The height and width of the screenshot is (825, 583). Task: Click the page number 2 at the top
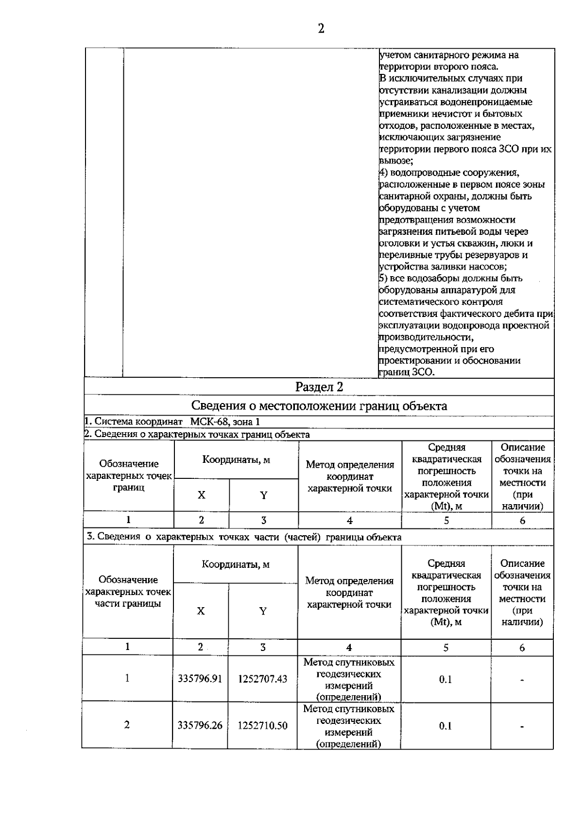[x=321, y=29]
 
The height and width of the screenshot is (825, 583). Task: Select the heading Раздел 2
[x=319, y=387]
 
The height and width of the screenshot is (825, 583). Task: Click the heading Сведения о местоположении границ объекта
[x=319, y=406]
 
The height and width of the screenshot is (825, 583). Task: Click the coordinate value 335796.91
[x=200, y=679]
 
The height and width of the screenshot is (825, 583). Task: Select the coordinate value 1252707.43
[x=262, y=679]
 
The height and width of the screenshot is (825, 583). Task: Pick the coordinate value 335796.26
[x=200, y=725]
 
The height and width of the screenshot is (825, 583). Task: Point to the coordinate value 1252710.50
[x=262, y=725]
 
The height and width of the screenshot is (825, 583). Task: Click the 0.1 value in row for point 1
[x=446, y=679]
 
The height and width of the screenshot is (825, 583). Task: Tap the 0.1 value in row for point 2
[x=446, y=726]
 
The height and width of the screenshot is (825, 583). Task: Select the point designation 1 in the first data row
[x=127, y=678]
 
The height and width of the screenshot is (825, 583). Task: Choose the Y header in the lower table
[x=263, y=611]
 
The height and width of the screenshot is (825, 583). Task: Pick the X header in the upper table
[x=201, y=495]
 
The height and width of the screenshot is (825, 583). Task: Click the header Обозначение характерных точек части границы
[x=128, y=592]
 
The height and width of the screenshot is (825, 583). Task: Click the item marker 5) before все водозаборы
[x=383, y=279]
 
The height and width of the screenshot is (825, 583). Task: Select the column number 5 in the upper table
[x=446, y=520]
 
